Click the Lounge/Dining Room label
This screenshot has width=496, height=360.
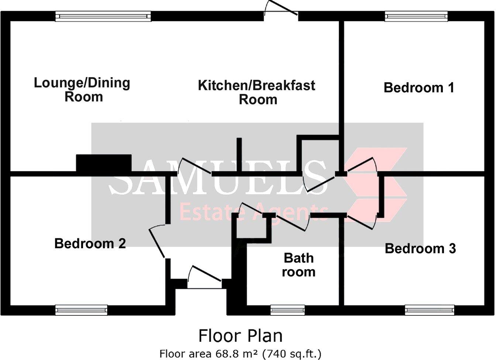[82, 90]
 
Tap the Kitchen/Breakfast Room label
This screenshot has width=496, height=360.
[257, 92]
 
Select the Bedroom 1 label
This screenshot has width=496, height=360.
[419, 88]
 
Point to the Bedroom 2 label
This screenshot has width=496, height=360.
[90, 243]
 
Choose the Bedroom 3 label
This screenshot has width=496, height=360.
[420, 249]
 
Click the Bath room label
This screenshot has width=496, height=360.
[299, 265]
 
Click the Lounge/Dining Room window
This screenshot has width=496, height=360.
[103, 16]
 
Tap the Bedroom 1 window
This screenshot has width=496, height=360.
[416, 16]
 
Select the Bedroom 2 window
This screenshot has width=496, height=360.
[82, 310]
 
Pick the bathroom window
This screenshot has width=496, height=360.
[287, 310]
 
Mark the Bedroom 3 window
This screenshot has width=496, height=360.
[430, 310]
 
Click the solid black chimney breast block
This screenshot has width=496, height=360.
[104, 163]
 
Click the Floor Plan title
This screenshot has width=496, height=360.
[241, 336]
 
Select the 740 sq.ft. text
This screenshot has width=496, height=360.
[292, 354]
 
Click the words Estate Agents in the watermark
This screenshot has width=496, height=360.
[253, 212]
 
